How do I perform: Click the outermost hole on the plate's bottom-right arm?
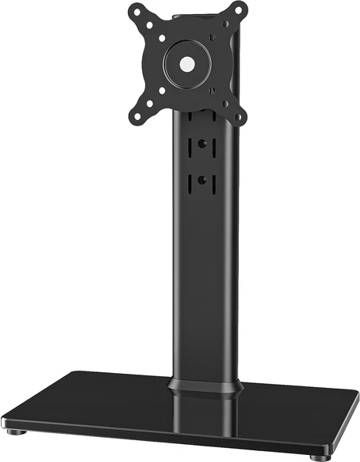pyautogui.click(x=239, y=118)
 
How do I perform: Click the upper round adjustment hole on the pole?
pyautogui.click(x=201, y=144)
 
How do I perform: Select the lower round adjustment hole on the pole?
pyautogui.click(x=201, y=180)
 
